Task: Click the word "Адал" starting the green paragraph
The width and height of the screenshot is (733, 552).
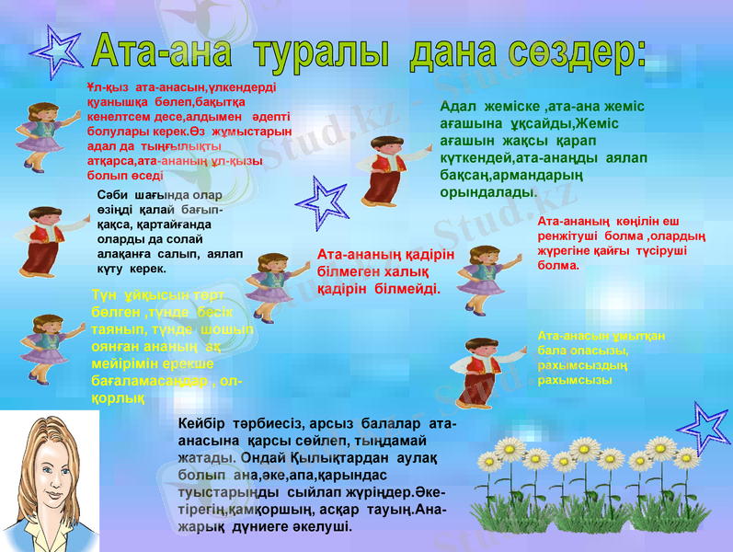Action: click(459, 107)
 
